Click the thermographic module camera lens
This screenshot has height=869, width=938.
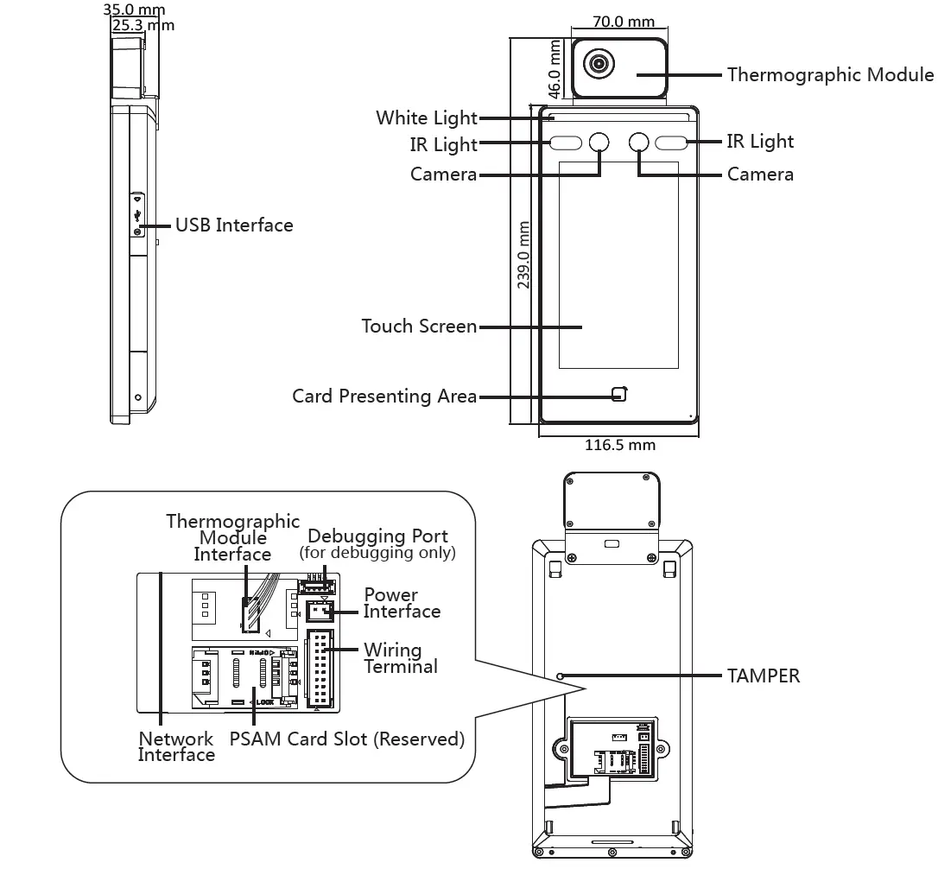point(599,63)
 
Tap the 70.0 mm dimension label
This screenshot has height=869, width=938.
point(624,22)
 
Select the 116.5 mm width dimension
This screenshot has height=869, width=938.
point(620,445)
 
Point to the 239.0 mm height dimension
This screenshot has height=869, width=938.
point(523,255)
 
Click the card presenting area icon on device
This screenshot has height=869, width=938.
point(620,394)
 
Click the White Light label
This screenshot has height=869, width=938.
point(427,117)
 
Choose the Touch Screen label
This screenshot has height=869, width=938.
point(419,327)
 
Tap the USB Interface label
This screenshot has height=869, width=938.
point(234,225)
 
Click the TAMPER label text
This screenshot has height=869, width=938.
point(764,676)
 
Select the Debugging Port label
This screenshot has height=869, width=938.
point(377,536)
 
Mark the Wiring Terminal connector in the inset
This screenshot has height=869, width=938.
point(320,669)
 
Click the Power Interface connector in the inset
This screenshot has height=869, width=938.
point(320,611)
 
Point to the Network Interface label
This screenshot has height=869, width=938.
point(176,746)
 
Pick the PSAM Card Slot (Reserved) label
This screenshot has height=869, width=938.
point(347,739)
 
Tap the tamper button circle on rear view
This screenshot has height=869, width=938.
point(560,676)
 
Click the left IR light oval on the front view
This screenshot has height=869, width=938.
point(566,143)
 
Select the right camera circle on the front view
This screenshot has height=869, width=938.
point(639,142)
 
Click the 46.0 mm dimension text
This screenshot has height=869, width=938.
point(555,69)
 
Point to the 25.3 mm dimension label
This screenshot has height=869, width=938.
point(143,26)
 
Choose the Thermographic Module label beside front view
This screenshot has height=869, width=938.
point(830,75)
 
